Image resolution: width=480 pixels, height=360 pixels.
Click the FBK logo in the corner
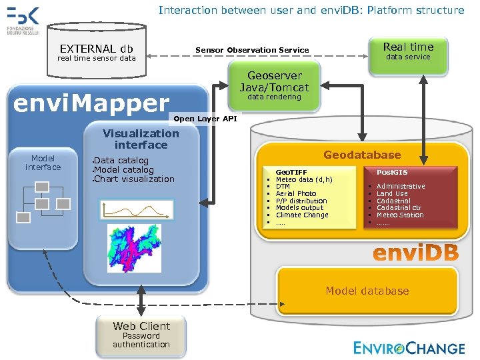click(x=23, y=20)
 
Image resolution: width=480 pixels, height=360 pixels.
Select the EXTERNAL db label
click(x=97, y=49)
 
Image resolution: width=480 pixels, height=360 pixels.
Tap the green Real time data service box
click(x=408, y=51)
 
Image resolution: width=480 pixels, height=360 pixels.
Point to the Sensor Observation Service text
click(x=252, y=50)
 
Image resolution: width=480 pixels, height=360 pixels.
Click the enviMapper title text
click(x=92, y=103)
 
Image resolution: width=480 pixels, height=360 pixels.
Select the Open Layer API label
click(x=205, y=119)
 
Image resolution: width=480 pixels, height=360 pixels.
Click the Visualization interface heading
click(x=141, y=139)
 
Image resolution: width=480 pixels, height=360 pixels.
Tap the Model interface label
click(x=43, y=163)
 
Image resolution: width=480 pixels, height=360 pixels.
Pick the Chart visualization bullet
click(x=135, y=179)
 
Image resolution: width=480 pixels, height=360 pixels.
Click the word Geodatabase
click(x=362, y=155)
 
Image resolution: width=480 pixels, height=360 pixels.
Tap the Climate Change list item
click(x=302, y=215)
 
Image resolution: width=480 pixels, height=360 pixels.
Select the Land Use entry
click(x=392, y=193)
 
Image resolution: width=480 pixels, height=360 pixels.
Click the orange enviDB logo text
click(x=415, y=253)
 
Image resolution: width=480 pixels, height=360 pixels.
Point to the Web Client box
click(x=141, y=335)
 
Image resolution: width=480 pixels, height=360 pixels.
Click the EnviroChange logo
click(x=409, y=347)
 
